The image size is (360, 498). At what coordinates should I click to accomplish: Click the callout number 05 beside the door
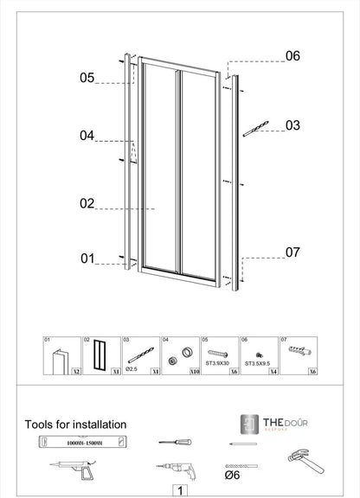point(87,78)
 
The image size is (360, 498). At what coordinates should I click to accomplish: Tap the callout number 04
point(87,136)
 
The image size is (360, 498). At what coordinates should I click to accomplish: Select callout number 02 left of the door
point(87,204)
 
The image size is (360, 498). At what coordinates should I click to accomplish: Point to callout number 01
point(87,259)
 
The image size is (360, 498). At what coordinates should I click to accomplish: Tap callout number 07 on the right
point(292,252)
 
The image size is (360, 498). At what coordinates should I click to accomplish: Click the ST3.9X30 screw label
point(218,364)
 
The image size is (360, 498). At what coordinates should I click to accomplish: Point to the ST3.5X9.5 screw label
point(258,364)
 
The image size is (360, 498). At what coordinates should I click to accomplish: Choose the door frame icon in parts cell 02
point(100,354)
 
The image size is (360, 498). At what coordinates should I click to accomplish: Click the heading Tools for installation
point(75,425)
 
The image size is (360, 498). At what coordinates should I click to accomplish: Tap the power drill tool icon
point(175,469)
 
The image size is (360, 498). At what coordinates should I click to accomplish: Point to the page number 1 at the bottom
point(179,490)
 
